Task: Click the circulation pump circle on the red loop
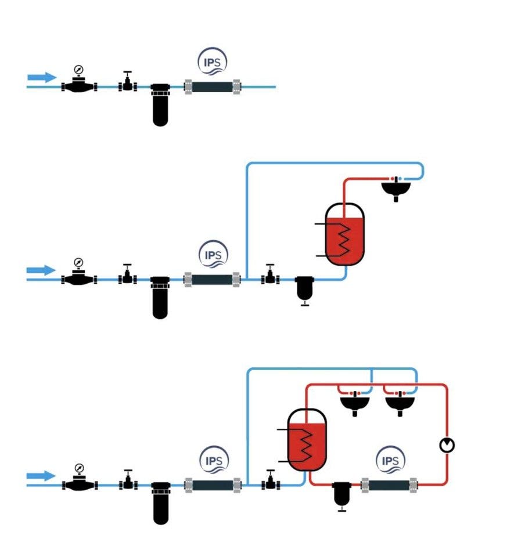coord(447,445)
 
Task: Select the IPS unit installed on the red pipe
coord(389,484)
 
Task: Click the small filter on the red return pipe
coord(341,495)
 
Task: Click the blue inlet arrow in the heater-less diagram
coord(41,77)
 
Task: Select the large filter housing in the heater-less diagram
coord(160,104)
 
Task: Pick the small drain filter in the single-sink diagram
coord(304,289)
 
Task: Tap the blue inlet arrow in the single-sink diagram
coord(41,270)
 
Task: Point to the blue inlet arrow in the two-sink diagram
coord(41,476)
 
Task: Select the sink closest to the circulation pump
coord(400,402)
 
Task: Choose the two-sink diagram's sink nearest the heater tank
coord(354,402)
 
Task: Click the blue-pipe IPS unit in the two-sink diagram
coord(212,484)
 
